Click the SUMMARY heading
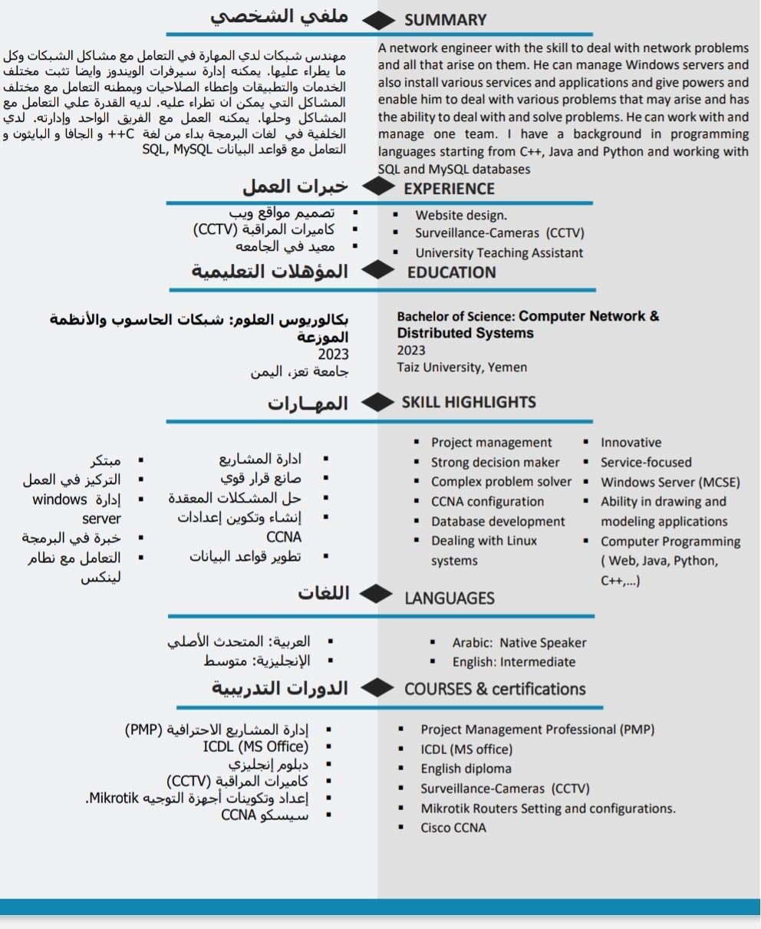tap(445, 20)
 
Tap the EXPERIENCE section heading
tap(449, 188)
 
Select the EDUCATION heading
tap(451, 272)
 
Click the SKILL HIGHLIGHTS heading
tap(469, 402)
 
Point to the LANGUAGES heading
tap(450, 598)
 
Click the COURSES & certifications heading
tap(495, 688)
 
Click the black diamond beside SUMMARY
tap(377, 20)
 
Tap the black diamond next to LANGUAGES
tap(376, 594)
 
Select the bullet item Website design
tap(461, 215)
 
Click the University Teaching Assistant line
tap(499, 252)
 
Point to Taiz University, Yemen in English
tap(462, 367)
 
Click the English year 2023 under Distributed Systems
tap(411, 350)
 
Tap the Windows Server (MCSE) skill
tap(670, 483)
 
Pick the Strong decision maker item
tap(495, 463)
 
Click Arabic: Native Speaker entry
tap(519, 643)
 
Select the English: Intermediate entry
tap(513, 661)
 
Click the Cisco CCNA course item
tap(453, 828)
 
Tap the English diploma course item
tap(466, 769)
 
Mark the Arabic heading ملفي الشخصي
tap(280, 17)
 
